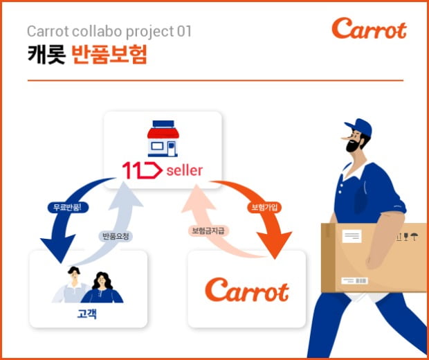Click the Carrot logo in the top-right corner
[x=369, y=28]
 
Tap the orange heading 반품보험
[x=109, y=55]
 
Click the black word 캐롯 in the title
[x=46, y=55]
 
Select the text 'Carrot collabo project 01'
[x=109, y=31]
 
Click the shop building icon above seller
[x=163, y=138]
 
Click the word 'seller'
[x=185, y=170]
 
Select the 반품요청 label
[x=116, y=236]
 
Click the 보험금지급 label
[x=208, y=231]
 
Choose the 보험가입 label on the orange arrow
[x=264, y=207]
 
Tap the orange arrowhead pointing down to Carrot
[x=275, y=244]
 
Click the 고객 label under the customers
[x=86, y=314]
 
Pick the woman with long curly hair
[x=102, y=287]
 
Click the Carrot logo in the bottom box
[x=247, y=289]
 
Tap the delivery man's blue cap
[x=358, y=127]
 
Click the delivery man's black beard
[x=353, y=145]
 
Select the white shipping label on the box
[x=352, y=236]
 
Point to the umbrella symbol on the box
[x=414, y=236]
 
